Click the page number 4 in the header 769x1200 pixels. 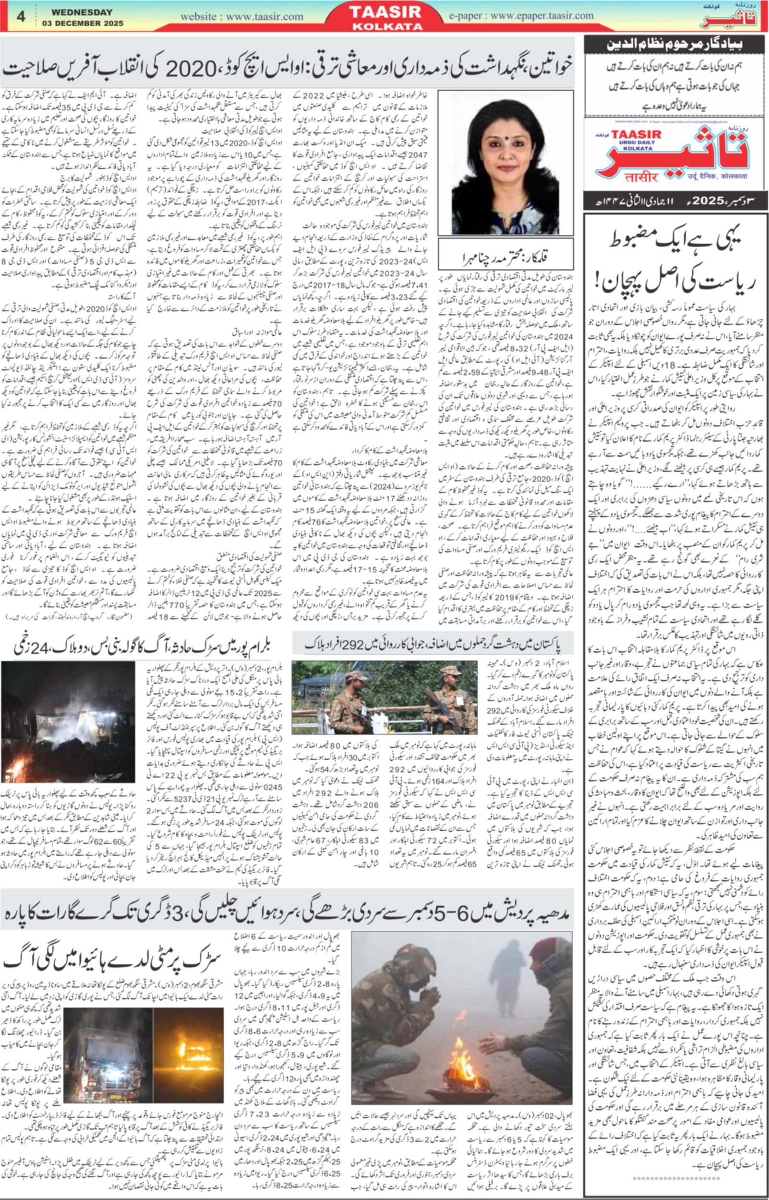pyautogui.click(x=21, y=16)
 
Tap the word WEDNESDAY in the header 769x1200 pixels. pyautogui.click(x=82, y=12)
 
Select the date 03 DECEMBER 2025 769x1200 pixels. pyautogui.click(x=83, y=24)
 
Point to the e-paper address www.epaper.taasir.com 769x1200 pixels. pyautogui.click(x=542, y=15)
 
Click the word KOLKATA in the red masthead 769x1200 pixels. pyautogui.click(x=387, y=26)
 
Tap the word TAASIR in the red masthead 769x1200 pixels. pyautogui.click(x=387, y=12)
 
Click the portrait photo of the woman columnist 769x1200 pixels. pyautogui.click(x=505, y=163)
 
